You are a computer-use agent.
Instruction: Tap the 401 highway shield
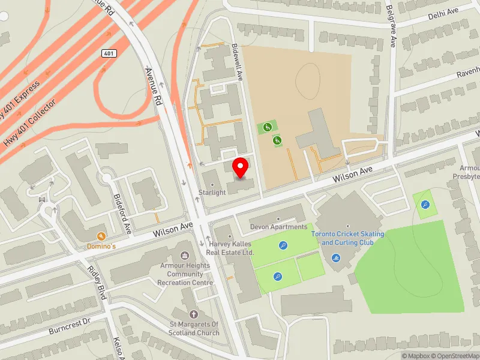(109, 53)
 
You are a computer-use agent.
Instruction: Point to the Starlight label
(212, 193)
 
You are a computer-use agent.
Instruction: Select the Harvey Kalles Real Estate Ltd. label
(232, 248)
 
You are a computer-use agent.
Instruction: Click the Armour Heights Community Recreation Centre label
(185, 274)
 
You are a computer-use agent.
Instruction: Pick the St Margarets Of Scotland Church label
(194, 329)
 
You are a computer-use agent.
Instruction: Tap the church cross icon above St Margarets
(193, 314)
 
